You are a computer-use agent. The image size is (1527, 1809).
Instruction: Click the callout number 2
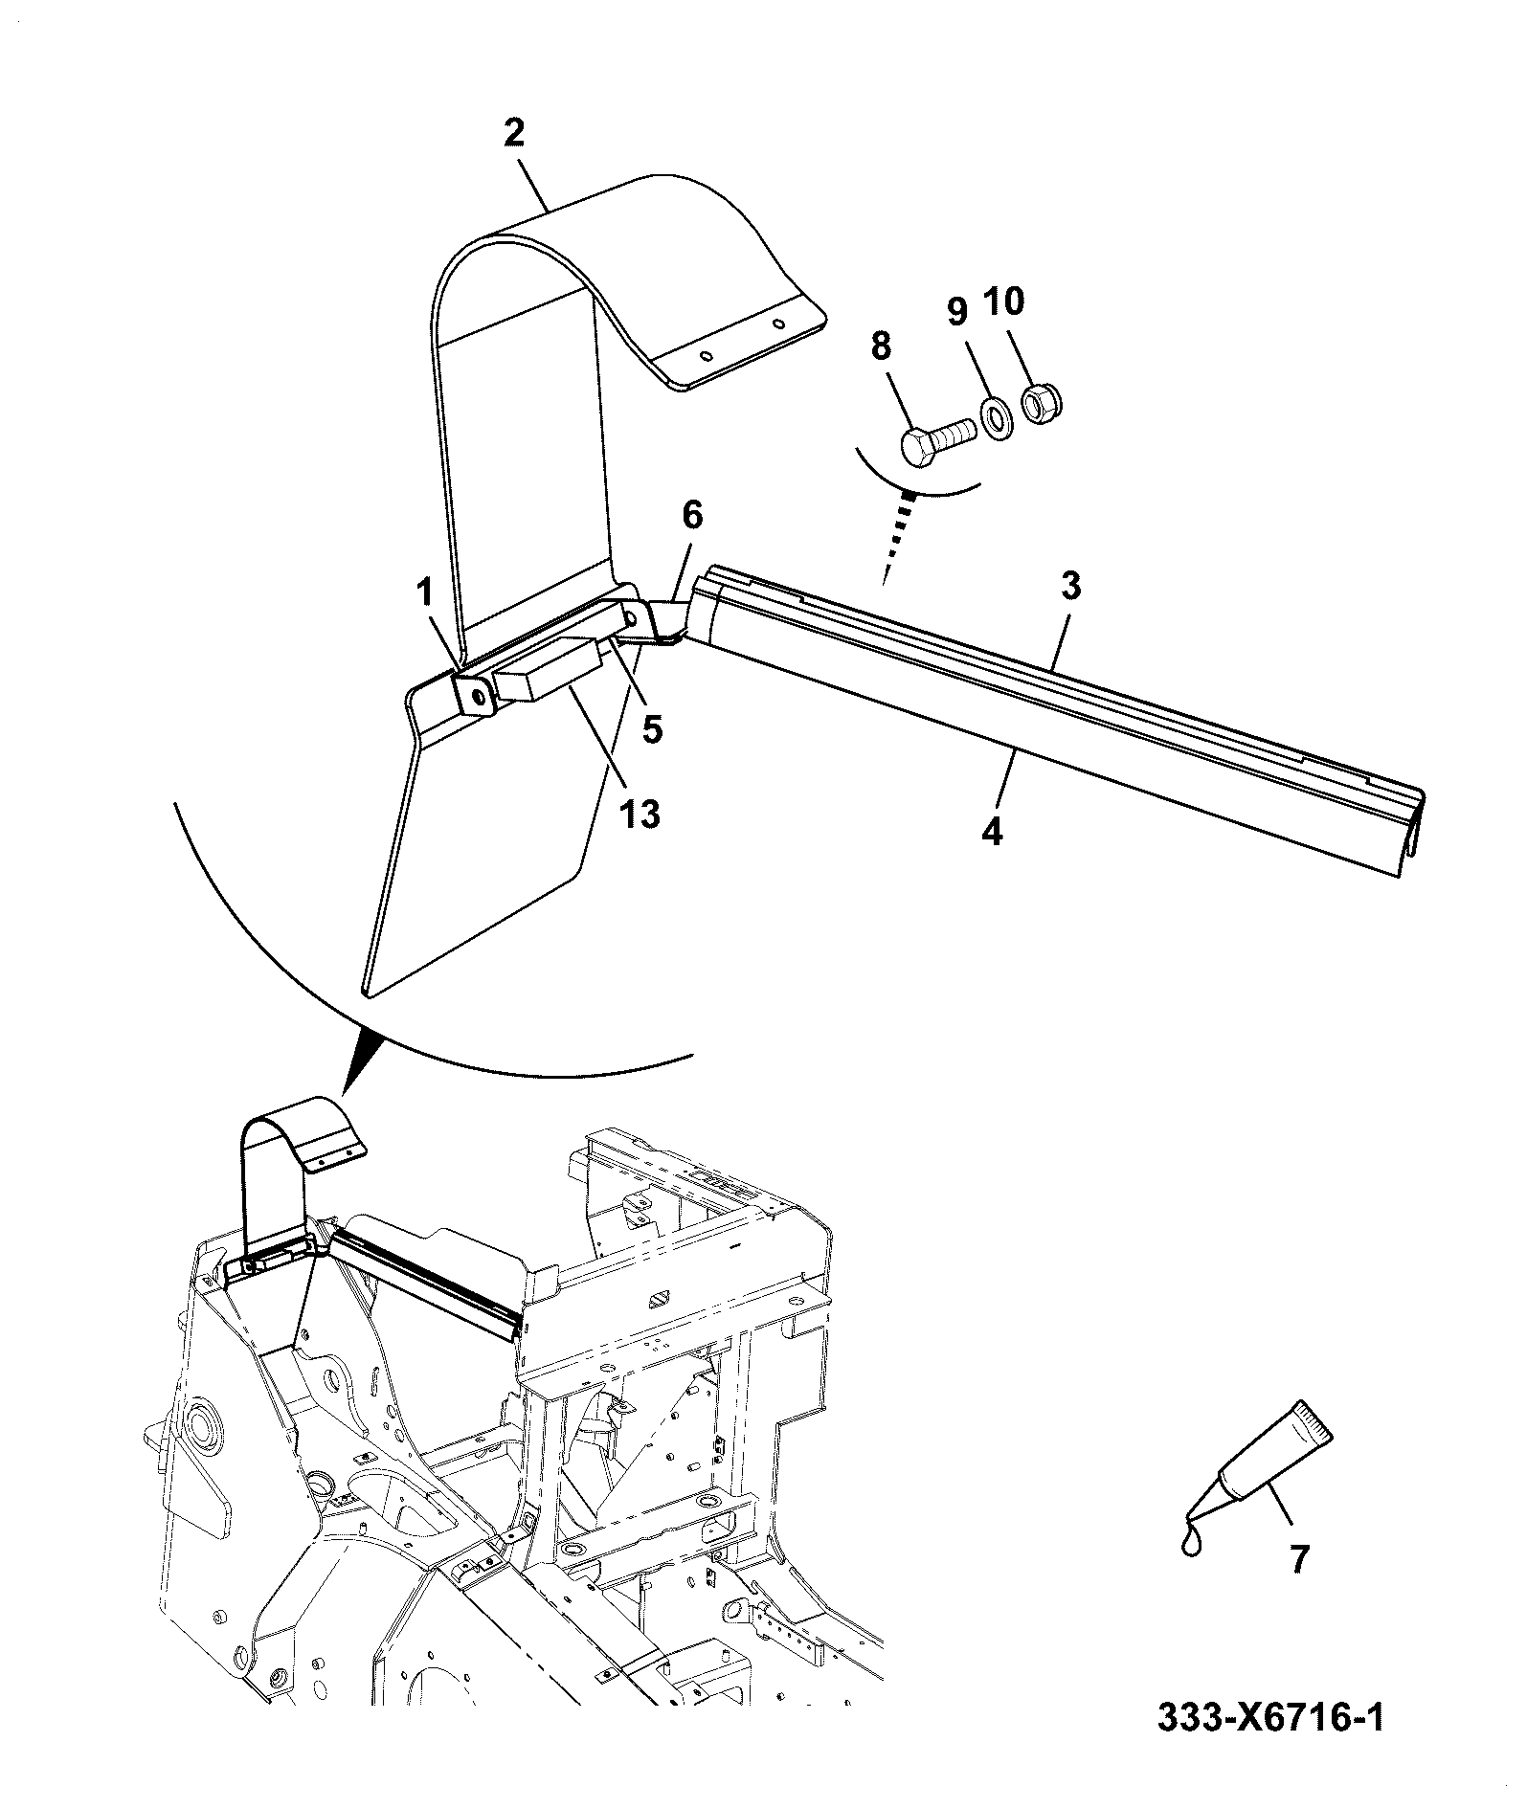pos(514,133)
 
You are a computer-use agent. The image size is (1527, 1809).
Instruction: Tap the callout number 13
pos(640,815)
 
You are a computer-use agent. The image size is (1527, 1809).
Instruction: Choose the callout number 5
pos(651,728)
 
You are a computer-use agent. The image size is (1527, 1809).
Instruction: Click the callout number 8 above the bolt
pos(882,345)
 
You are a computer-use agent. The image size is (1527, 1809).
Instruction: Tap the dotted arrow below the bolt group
pos(899,535)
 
